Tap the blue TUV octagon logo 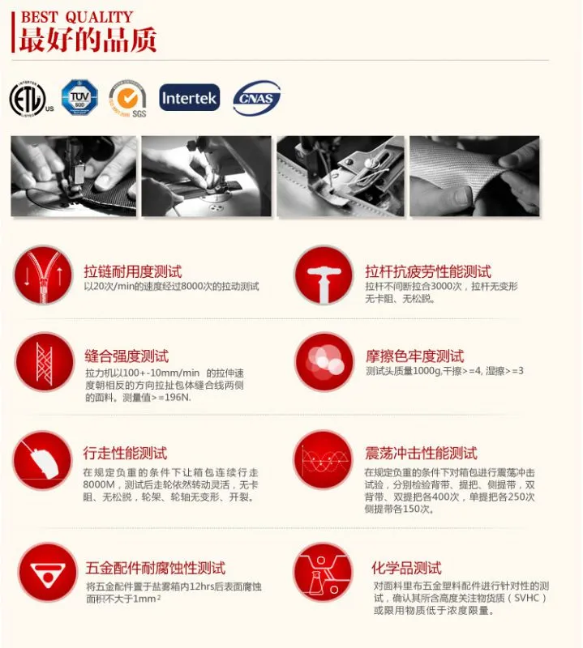pos(79,97)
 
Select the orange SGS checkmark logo pos(128,98)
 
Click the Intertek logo pos(190,97)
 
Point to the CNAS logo pos(256,98)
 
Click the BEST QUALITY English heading pos(77,17)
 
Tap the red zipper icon pos(43,275)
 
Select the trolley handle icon pos(324,275)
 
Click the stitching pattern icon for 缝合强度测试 pos(45,362)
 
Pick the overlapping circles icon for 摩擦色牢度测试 pos(325,362)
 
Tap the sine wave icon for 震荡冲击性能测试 pos(324,460)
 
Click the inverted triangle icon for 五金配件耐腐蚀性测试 pos(48,573)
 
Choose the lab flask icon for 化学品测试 pos(324,573)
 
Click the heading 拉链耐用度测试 pos(133,271)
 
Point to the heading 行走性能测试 pos(125,454)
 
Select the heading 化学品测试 pos(406,568)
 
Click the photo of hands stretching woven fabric pos(474,176)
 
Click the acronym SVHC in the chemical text pos(527,598)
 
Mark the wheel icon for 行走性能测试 pos(43,460)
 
